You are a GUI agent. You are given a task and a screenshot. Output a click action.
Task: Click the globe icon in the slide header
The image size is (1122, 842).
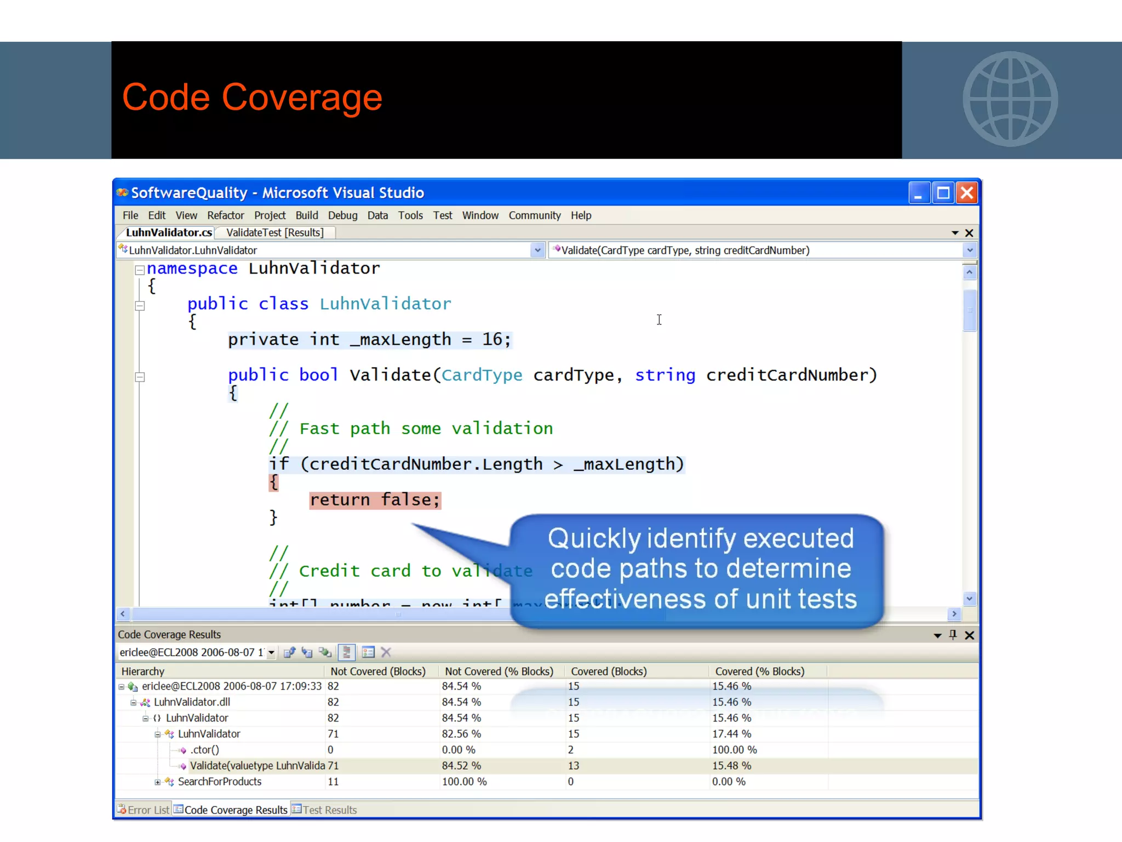(x=1010, y=99)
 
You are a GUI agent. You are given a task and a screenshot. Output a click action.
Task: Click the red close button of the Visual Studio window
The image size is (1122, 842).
(x=967, y=193)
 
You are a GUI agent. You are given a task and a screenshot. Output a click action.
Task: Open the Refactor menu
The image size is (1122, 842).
(x=225, y=215)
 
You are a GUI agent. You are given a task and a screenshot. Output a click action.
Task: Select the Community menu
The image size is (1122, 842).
(x=534, y=215)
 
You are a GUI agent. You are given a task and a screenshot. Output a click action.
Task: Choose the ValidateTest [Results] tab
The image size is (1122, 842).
(x=274, y=232)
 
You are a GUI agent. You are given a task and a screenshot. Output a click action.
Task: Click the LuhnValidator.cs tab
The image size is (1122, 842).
(x=169, y=232)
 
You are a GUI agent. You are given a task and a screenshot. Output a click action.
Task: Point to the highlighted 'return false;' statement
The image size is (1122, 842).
(x=375, y=500)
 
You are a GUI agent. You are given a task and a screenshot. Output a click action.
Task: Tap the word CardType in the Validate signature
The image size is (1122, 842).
(x=482, y=375)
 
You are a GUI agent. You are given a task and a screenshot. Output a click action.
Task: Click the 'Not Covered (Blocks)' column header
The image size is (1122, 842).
(x=378, y=672)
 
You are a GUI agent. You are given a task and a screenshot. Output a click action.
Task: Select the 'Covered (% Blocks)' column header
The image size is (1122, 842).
(x=759, y=672)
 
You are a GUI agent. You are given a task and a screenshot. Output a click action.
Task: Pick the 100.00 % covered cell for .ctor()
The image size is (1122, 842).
(x=734, y=750)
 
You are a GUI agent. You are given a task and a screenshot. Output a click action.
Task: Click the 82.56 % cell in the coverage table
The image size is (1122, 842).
(x=461, y=734)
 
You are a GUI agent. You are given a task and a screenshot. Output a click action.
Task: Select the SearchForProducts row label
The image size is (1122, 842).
(x=219, y=782)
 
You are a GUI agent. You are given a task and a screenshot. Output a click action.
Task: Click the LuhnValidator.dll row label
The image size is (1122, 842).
(x=192, y=702)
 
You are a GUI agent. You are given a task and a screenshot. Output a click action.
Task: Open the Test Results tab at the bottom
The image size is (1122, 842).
(x=329, y=810)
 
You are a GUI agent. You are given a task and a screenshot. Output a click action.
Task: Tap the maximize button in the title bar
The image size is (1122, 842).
(x=943, y=193)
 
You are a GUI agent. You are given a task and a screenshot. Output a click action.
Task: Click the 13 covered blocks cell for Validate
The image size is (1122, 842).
(x=574, y=766)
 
